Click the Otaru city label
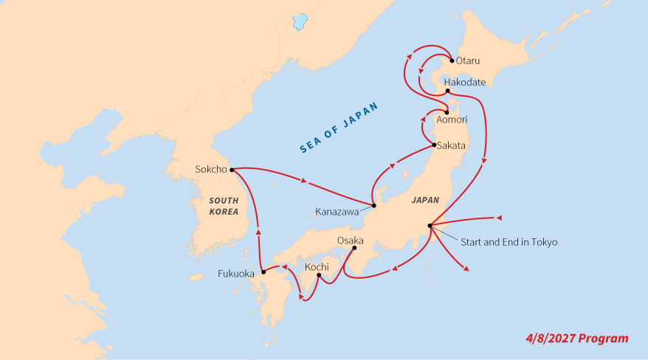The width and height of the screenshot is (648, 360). (x=469, y=60)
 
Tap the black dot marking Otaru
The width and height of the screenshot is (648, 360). (x=452, y=60)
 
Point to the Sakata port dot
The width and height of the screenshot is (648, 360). (x=434, y=145)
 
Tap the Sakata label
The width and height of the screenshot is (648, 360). (x=451, y=145)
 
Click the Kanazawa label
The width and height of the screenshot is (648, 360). (x=337, y=212)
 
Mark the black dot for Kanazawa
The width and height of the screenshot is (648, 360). (x=374, y=205)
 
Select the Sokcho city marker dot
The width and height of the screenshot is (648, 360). (x=232, y=170)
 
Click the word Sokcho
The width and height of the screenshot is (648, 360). (x=210, y=169)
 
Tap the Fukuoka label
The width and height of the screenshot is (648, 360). (x=236, y=273)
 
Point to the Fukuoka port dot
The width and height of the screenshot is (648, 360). (x=263, y=272)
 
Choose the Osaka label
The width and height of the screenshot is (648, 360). (x=350, y=241)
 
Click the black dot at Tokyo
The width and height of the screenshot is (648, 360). (x=429, y=225)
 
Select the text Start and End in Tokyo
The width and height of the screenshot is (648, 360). (x=509, y=242)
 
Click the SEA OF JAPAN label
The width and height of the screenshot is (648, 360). (x=339, y=128)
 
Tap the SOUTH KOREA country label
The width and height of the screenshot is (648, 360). (x=224, y=206)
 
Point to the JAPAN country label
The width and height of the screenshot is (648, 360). (x=426, y=200)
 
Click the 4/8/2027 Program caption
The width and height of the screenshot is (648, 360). (x=578, y=339)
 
